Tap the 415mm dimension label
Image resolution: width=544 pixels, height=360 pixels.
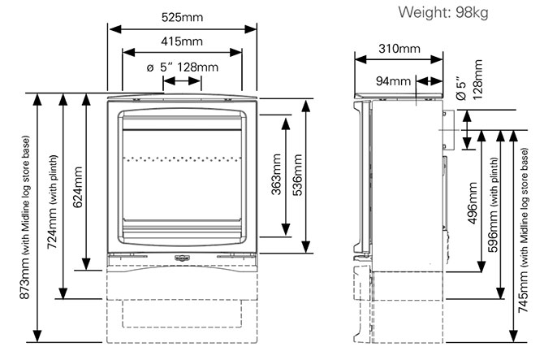[x=182, y=41]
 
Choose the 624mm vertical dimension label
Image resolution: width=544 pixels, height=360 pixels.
[x=77, y=187]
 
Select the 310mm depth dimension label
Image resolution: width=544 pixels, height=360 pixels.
[x=399, y=49]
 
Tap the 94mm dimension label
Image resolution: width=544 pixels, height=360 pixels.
[x=395, y=80]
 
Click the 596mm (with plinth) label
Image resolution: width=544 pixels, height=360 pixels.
[x=494, y=207]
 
